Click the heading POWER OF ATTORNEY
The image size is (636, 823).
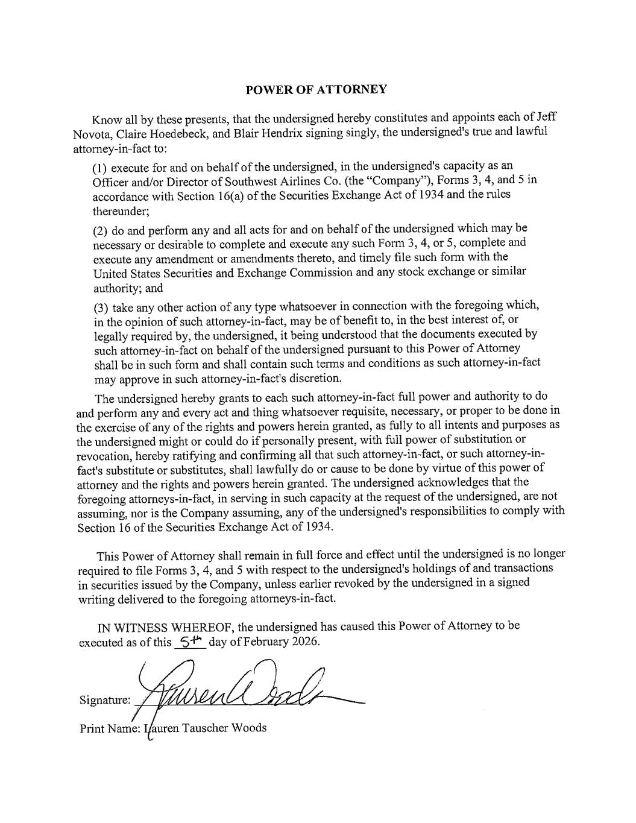click(316, 90)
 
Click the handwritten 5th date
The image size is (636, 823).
click(189, 641)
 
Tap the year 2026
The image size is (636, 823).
click(304, 642)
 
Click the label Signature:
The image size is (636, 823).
click(104, 701)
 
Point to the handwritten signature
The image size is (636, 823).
click(241, 690)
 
